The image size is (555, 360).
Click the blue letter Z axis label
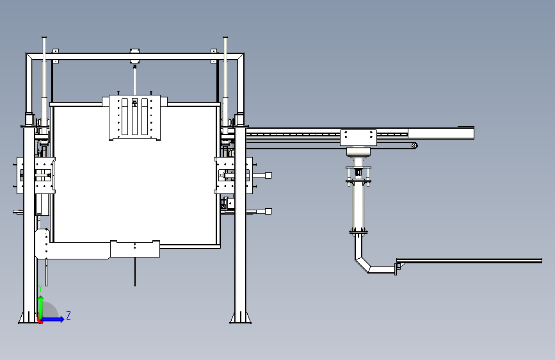pos(68,315)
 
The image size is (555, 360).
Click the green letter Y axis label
pos(40,287)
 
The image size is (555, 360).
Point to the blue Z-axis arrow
pos(54,319)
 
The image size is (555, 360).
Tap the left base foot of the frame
pos(29,318)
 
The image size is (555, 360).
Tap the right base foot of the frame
pos(241,318)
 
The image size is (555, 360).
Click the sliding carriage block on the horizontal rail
pos(358,136)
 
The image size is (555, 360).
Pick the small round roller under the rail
pos(415,145)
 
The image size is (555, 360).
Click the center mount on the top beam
pos(135,54)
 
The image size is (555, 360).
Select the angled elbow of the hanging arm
pos(364,262)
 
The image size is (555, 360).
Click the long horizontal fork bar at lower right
pos(471,260)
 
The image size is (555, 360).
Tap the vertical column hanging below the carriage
pos(358,205)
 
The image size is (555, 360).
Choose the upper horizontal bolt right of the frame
pos(262,175)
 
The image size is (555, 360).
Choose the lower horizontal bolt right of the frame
pos(262,211)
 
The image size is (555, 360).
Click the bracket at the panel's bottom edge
pos(134,248)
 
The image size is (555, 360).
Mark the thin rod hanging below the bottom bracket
pos(134,272)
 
